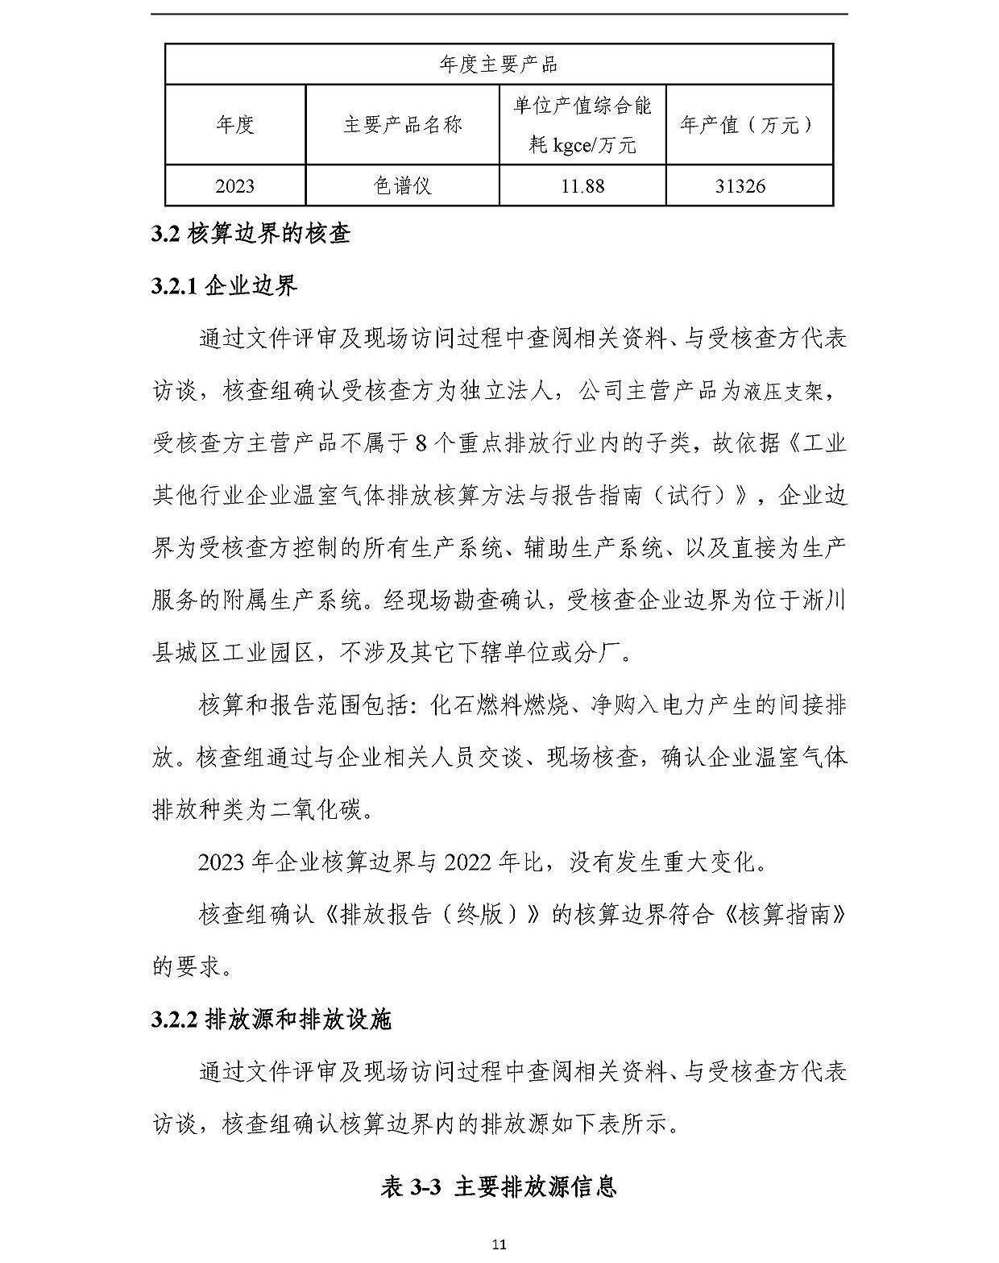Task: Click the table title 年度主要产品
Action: coord(499,64)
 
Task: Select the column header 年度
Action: coord(234,125)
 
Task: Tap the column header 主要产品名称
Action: coord(402,125)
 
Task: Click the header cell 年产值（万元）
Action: coord(748,125)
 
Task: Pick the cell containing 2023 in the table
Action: coord(234,186)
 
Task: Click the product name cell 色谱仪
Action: coord(402,186)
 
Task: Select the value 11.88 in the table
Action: coord(582,186)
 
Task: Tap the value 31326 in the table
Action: coord(740,186)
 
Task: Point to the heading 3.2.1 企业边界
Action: coord(225,286)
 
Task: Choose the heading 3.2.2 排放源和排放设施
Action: coord(272,1020)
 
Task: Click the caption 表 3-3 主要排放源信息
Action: coord(499,1186)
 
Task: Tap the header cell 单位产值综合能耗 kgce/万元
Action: coord(582,125)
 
